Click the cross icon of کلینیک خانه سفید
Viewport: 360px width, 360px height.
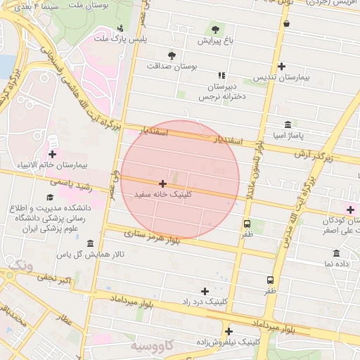[163, 183]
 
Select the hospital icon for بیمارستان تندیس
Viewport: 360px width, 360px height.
[282, 67]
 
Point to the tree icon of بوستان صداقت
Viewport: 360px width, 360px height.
[171, 55]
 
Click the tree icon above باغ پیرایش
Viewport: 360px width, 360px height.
[215, 30]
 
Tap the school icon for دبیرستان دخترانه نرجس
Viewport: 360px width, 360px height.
[222, 75]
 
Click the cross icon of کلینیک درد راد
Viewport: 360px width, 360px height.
[205, 290]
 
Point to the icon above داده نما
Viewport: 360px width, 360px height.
[336, 253]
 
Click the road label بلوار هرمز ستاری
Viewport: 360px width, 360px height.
[153, 236]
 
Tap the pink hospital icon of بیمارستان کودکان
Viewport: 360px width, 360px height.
[350, 210]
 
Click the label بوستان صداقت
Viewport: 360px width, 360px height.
[173, 65]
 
